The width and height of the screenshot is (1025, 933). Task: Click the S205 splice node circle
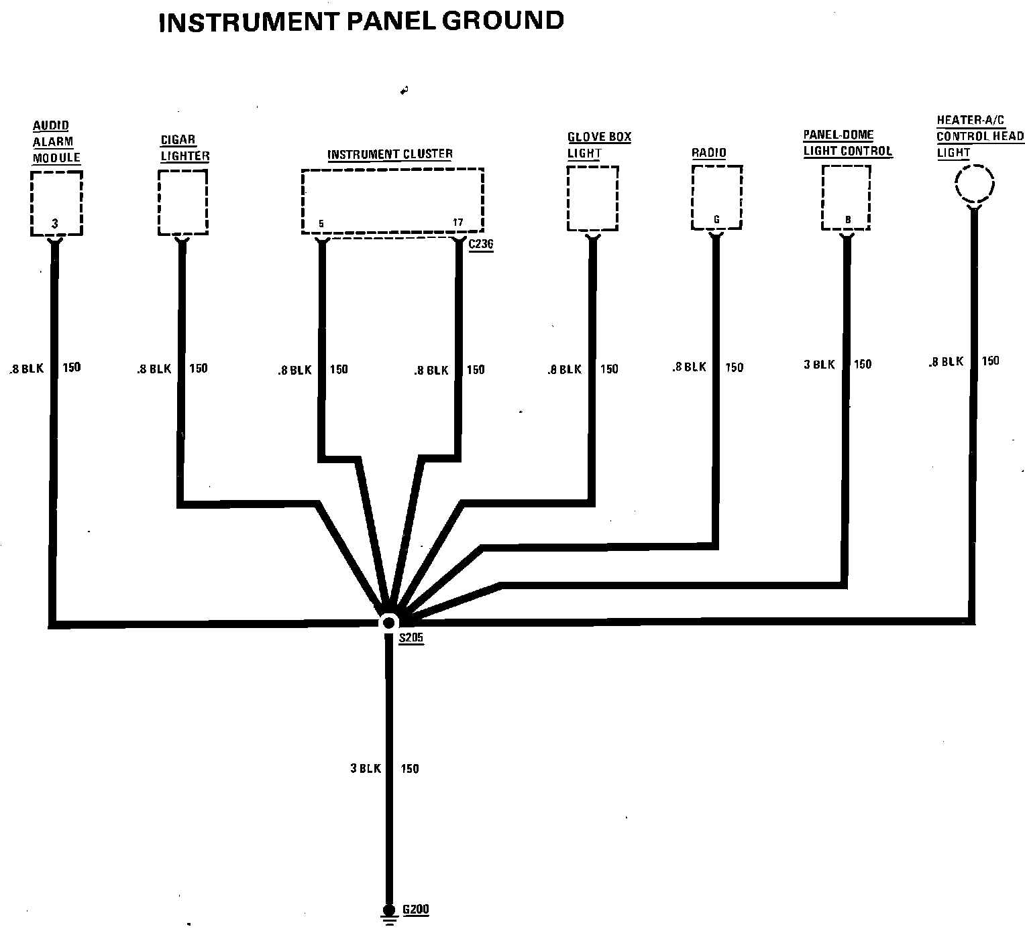pyautogui.click(x=389, y=623)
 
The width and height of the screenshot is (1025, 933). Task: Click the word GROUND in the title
pyautogui.click(x=503, y=21)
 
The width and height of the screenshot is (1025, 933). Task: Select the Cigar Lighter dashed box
pyautogui.click(x=183, y=202)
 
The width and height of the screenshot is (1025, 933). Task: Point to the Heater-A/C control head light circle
pyautogui.click(x=975, y=184)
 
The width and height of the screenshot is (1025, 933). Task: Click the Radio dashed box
pyautogui.click(x=716, y=197)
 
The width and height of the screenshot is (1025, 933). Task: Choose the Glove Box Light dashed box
pyautogui.click(x=593, y=198)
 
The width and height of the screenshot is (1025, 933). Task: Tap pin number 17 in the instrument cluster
pyautogui.click(x=457, y=222)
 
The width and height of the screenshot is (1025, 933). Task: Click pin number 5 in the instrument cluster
pyautogui.click(x=321, y=224)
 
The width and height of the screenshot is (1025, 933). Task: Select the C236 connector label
pyautogui.click(x=481, y=244)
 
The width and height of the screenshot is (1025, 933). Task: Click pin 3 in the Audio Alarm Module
pyautogui.click(x=55, y=224)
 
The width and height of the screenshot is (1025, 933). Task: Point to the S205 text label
pyautogui.click(x=411, y=638)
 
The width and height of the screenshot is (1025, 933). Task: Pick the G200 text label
pyautogui.click(x=416, y=910)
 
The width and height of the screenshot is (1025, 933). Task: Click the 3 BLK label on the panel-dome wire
pyautogui.click(x=819, y=365)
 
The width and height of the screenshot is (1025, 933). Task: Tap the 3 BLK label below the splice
pyautogui.click(x=366, y=769)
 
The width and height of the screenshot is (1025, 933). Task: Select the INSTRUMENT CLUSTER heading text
pyautogui.click(x=390, y=154)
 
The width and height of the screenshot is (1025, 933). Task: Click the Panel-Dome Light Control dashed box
pyautogui.click(x=846, y=198)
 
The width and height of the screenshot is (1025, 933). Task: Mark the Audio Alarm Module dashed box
pyautogui.click(x=56, y=203)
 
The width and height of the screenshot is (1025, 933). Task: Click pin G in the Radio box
pyautogui.click(x=716, y=219)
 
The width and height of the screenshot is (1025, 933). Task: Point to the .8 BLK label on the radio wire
pyautogui.click(x=690, y=367)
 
